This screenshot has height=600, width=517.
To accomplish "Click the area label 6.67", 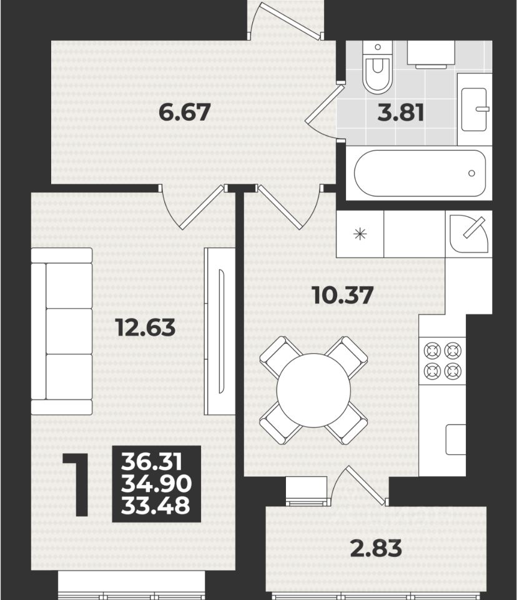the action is (x=184, y=112).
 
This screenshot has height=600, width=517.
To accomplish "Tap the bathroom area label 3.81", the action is (x=401, y=113).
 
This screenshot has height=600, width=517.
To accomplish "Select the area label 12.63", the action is (x=146, y=328).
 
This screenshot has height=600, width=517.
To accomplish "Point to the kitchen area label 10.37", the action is (x=343, y=296).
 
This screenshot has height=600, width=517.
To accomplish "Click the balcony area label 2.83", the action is (x=376, y=548).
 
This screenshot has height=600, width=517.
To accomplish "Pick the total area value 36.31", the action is (x=152, y=462).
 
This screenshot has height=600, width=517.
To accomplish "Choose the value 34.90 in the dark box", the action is (x=156, y=484).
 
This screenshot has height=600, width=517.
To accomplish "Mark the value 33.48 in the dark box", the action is (x=155, y=505).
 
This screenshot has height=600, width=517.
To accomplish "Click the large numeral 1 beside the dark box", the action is (x=79, y=485).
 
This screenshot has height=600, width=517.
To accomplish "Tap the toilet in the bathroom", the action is (x=377, y=67).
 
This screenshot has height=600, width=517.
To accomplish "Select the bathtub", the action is (x=420, y=173).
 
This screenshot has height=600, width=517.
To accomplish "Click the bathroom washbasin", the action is (x=475, y=109).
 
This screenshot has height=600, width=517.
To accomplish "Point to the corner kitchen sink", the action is (x=469, y=234).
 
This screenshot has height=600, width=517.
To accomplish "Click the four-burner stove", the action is (x=443, y=361).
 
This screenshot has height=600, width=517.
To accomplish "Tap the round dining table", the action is (x=313, y=390).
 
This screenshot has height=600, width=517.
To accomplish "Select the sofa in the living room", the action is (x=62, y=331).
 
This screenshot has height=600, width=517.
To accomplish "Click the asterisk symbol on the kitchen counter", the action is (x=360, y=234).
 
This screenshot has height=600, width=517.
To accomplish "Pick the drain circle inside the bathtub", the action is (x=471, y=173).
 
